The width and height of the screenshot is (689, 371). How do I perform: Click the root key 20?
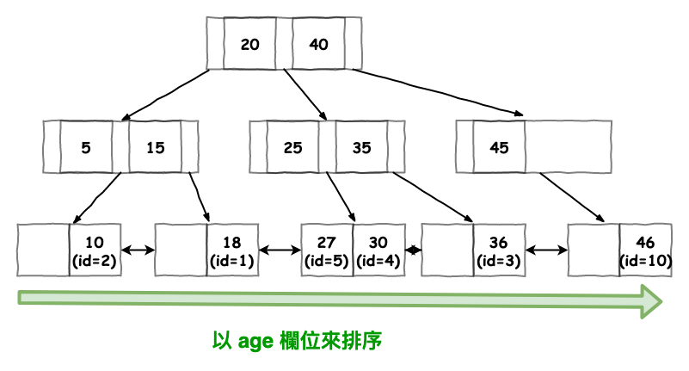click(249, 43)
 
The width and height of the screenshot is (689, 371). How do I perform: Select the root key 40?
click(318, 43)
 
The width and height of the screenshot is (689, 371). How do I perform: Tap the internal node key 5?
click(86, 147)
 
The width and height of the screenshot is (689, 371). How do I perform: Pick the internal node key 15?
click(155, 147)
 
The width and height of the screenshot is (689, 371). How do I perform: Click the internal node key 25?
click(292, 147)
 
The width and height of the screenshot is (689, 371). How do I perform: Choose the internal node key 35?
click(361, 147)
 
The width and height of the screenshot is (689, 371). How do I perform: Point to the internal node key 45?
click(499, 147)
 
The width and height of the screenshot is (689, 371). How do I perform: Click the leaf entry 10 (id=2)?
click(95, 250)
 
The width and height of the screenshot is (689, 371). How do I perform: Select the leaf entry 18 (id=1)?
click(232, 250)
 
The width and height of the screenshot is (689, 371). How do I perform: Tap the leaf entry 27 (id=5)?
click(327, 250)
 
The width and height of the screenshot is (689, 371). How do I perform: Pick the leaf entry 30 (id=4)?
click(378, 250)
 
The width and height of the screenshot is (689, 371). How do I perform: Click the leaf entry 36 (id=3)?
click(499, 250)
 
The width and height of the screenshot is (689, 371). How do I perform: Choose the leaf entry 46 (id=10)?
click(645, 250)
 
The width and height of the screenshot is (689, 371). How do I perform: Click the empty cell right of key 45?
click(568, 147)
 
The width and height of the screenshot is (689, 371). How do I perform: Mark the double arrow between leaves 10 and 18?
click(138, 250)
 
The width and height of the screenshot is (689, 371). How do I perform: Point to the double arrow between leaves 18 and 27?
click(280, 250)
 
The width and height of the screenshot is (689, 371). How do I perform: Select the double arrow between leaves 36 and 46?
click(546, 250)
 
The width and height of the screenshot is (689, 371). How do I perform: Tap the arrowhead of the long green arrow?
click(649, 300)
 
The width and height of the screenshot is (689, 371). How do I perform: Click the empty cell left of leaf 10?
click(43, 250)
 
